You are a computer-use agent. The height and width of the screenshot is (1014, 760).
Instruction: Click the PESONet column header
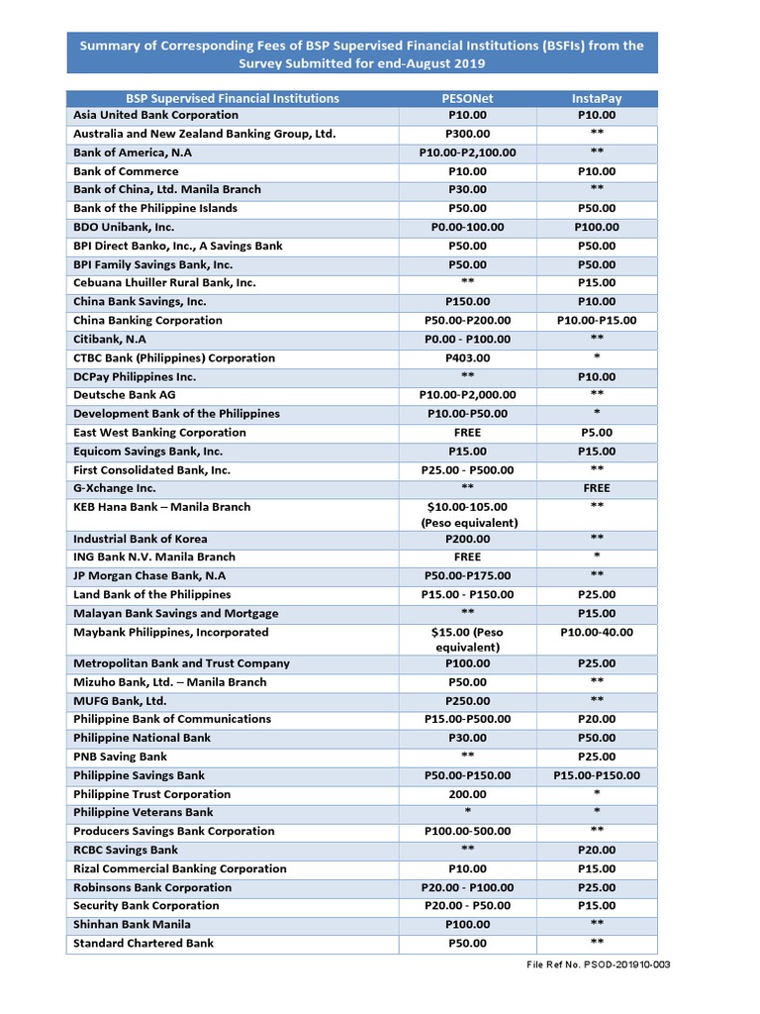pyautogui.click(x=466, y=98)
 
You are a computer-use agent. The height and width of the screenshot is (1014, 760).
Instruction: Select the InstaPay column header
pyautogui.click(x=597, y=98)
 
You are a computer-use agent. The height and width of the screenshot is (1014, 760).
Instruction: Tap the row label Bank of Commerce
pyautogui.click(x=126, y=171)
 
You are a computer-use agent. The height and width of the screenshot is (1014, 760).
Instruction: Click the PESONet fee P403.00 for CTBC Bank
pyautogui.click(x=466, y=357)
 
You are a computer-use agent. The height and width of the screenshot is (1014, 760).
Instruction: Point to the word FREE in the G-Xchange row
pyautogui.click(x=597, y=488)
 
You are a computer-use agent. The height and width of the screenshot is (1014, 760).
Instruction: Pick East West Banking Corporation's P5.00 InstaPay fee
pyautogui.click(x=597, y=433)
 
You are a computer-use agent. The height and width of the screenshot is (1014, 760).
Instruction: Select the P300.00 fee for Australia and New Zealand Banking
pyautogui.click(x=466, y=134)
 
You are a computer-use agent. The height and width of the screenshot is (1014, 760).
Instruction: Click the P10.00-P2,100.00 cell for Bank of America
pyautogui.click(x=466, y=152)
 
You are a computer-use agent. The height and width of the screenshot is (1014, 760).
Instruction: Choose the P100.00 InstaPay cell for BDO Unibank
pyautogui.click(x=597, y=227)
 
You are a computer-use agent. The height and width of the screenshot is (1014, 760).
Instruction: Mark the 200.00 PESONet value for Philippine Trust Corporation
pyautogui.click(x=466, y=794)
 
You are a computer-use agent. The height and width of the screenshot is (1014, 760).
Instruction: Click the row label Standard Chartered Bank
pyautogui.click(x=142, y=943)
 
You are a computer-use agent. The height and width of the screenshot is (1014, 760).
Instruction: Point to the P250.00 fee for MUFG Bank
pyautogui.click(x=466, y=700)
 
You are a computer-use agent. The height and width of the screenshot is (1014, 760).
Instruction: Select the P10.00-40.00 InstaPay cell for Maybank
pyautogui.click(x=597, y=632)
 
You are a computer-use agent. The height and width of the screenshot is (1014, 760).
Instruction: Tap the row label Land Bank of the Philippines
pyautogui.click(x=151, y=594)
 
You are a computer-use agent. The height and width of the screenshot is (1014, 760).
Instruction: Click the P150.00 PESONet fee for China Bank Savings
pyautogui.click(x=466, y=301)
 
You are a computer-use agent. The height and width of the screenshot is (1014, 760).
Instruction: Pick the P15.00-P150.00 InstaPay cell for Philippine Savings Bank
pyautogui.click(x=597, y=775)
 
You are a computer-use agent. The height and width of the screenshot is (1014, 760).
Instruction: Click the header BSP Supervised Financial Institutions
pyautogui.click(x=232, y=98)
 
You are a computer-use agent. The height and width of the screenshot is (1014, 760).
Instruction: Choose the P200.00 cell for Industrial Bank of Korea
pyautogui.click(x=466, y=539)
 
